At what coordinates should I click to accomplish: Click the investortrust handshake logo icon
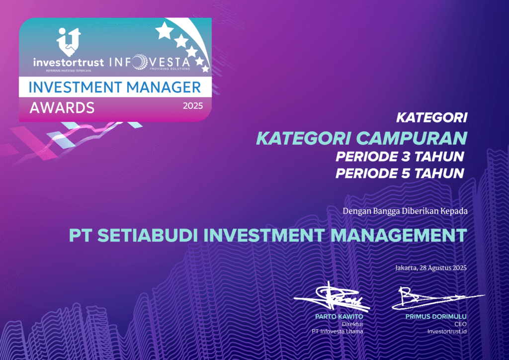coord(69,42)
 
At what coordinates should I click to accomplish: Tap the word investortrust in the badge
coord(69,62)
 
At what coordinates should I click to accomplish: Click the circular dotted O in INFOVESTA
coord(140,62)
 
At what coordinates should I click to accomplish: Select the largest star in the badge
coord(164,30)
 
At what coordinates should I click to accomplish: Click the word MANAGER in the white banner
coord(164,88)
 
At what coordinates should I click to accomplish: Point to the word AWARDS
coord(62,108)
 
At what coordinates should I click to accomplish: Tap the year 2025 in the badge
coord(193,106)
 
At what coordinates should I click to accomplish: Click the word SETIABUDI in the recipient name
coord(148,235)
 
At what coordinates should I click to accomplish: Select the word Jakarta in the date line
coord(406,268)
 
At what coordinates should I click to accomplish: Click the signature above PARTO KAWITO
coord(332,296)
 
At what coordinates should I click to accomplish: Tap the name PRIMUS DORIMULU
coord(436,317)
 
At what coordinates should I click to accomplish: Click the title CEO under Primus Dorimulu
coord(460,324)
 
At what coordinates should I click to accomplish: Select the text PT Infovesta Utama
coord(338,332)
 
